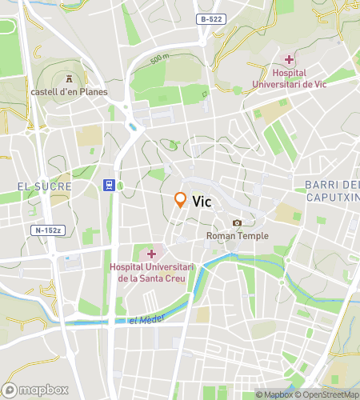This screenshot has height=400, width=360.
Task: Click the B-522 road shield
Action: [x=211, y=18]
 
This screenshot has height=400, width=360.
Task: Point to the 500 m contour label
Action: [x=160, y=58]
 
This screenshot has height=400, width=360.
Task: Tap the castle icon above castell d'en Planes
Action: [x=69, y=78]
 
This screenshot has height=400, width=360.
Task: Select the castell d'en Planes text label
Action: [x=69, y=92]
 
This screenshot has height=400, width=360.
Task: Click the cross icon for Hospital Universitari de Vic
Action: [x=289, y=59]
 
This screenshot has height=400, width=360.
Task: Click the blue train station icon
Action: [x=106, y=186]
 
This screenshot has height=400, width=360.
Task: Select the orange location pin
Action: [x=181, y=200]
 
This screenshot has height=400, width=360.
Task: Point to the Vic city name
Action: [x=202, y=202]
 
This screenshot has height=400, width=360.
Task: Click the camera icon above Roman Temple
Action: [x=237, y=222]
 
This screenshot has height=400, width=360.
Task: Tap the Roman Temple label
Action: [x=237, y=236]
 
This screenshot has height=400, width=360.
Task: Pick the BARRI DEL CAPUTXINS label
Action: [x=331, y=190]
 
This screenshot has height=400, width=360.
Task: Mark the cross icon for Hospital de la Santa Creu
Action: [x=150, y=254]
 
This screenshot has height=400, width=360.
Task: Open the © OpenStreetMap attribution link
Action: [x=329, y=394]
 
